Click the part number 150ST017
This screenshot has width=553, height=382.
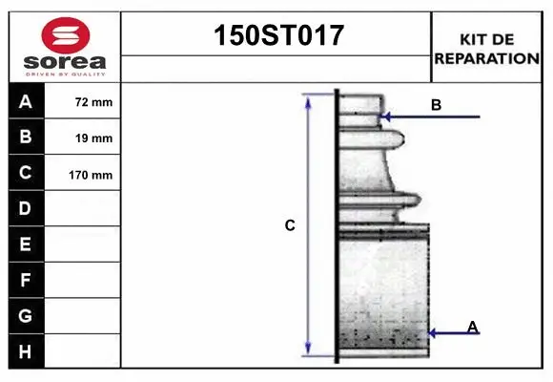coord(276,37)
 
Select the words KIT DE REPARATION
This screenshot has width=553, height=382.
coord(487,49)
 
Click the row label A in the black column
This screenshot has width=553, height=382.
coord(26,101)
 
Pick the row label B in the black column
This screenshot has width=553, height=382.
coord(26,138)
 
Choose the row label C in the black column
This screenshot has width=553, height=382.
coord(26,174)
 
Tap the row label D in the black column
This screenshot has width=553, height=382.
coord(26,208)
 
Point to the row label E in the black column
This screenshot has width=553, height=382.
coord(26,244)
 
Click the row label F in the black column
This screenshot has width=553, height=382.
coord(26,281)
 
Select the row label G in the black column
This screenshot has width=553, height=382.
coord(26,315)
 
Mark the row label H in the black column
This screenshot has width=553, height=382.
coord(26,351)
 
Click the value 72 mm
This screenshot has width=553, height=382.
coord(93,102)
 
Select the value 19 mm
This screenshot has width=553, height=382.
coord(93,138)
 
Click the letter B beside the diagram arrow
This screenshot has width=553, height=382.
coord(436,105)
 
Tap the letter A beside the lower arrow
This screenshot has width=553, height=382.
coord(473,328)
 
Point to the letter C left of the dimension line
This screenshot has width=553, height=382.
coord(290,226)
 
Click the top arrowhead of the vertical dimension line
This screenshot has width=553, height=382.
coord(308,99)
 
